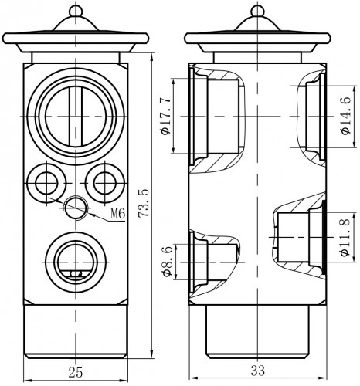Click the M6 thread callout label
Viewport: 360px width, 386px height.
pos(117,214)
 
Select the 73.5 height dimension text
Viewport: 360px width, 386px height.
pos(144,204)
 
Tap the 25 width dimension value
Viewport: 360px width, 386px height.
pos(76,372)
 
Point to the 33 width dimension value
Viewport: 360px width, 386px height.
pos(257,371)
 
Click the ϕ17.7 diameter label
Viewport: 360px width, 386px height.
pos(165,117)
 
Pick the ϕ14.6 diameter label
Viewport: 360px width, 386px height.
pos(346,116)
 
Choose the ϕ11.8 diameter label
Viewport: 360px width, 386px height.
pos(345,238)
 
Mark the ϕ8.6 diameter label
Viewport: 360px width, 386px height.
pos(167,261)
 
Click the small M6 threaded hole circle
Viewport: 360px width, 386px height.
pos(76,208)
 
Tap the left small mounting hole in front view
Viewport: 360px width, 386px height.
pos(46,184)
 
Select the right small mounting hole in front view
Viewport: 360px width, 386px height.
pos(105,184)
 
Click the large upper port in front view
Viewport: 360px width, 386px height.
pos(76,117)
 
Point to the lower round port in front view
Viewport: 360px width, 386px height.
pos(76,262)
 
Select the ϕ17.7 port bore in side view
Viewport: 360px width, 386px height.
pos(223,117)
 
